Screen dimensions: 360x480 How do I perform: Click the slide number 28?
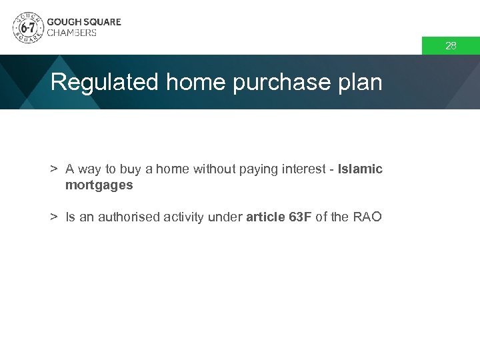[x=451, y=46]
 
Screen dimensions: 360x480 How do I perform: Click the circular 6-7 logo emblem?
[x=28, y=27]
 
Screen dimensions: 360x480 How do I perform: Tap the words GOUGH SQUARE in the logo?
[x=84, y=21]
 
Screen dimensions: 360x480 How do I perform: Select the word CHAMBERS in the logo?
[x=71, y=33]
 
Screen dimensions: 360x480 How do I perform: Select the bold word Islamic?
[x=360, y=169]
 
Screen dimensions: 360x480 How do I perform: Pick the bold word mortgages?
[x=99, y=185]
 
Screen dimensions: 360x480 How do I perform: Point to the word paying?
[x=261, y=169]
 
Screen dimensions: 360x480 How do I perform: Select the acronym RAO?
[x=367, y=217]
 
